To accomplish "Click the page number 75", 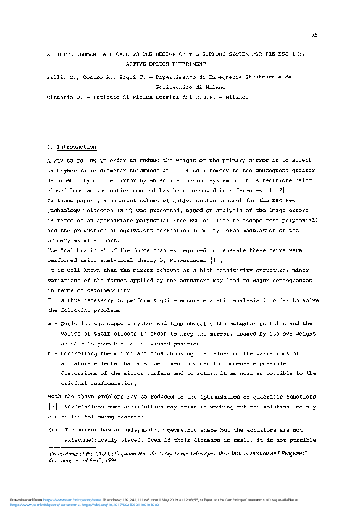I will [315, 35].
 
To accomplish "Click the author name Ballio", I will [57, 77].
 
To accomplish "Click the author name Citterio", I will [61, 98].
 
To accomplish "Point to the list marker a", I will [49, 323].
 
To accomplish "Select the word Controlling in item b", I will [80, 353].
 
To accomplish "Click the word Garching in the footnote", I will [62, 460].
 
